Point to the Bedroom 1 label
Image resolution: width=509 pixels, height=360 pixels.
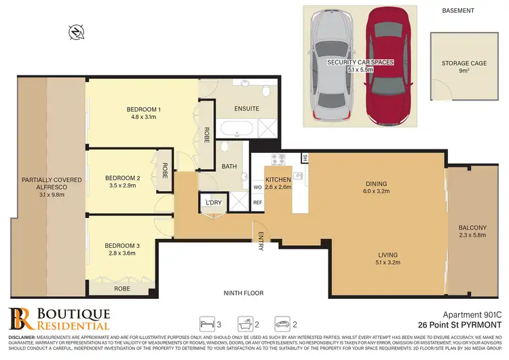pos(143,113)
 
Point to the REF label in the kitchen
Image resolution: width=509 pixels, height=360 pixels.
pos(257,202)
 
